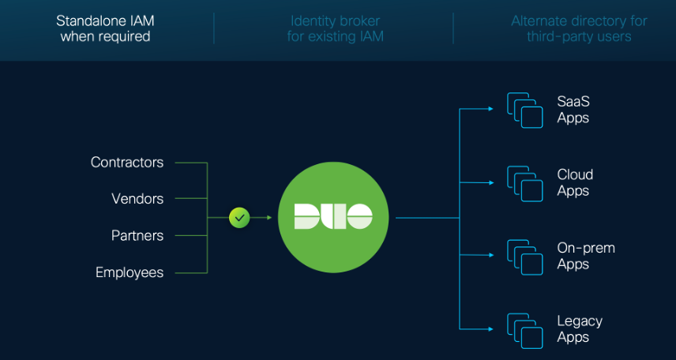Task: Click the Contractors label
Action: (x=127, y=163)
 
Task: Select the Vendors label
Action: (x=137, y=199)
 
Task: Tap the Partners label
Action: (x=137, y=236)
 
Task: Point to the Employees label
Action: (x=130, y=272)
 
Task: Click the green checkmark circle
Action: (x=239, y=217)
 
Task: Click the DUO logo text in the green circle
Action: (x=332, y=216)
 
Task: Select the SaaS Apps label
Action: (x=573, y=110)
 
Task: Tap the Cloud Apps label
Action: (x=575, y=182)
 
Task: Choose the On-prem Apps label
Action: (x=585, y=256)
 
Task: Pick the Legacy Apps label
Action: (x=580, y=329)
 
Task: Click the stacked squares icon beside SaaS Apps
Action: (x=525, y=111)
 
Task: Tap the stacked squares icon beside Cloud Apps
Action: (x=525, y=183)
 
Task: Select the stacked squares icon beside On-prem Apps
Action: (x=525, y=257)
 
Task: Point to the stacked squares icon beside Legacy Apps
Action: (x=525, y=330)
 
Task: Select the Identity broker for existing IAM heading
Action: (x=335, y=29)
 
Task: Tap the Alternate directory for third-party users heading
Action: (x=579, y=29)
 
